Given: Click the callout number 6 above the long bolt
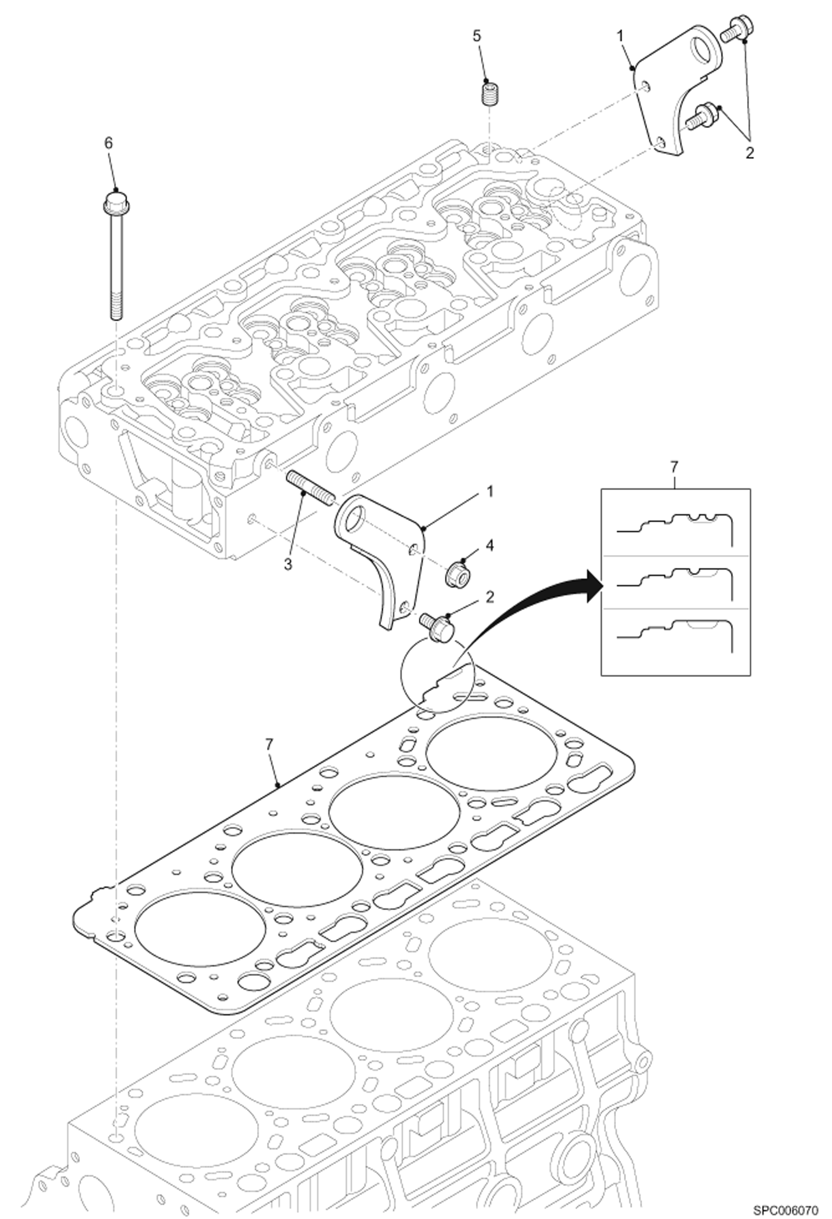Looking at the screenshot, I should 108,143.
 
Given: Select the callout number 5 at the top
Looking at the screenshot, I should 477,36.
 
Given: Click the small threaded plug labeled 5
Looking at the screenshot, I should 488,93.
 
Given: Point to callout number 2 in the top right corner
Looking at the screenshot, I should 749,153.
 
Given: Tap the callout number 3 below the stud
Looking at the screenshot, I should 288,564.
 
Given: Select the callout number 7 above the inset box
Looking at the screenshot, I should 674,467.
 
